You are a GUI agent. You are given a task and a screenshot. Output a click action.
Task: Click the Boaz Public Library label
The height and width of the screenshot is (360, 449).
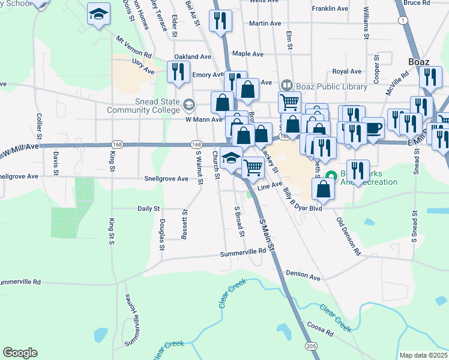pos(331,86)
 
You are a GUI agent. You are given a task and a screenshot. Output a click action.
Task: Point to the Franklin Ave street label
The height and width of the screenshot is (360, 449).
pos(330,9)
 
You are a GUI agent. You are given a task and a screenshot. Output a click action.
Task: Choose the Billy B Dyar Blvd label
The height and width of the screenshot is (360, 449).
pos(303,199)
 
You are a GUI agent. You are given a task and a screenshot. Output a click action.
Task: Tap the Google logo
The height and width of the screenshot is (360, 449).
pos(20,353)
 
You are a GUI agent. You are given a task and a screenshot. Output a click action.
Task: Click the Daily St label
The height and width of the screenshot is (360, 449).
pos(148,209)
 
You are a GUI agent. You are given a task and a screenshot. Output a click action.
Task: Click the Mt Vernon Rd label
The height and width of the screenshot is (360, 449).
pos(134,46)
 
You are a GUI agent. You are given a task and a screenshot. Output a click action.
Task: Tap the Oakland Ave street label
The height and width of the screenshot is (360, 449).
pos(193,57)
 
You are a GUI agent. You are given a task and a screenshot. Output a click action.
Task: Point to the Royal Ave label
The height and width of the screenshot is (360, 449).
pos(346,71)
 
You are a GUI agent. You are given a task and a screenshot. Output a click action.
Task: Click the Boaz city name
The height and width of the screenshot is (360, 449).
pos(419,61)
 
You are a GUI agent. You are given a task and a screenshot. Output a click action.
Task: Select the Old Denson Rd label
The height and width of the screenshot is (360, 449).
pos(348,236)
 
